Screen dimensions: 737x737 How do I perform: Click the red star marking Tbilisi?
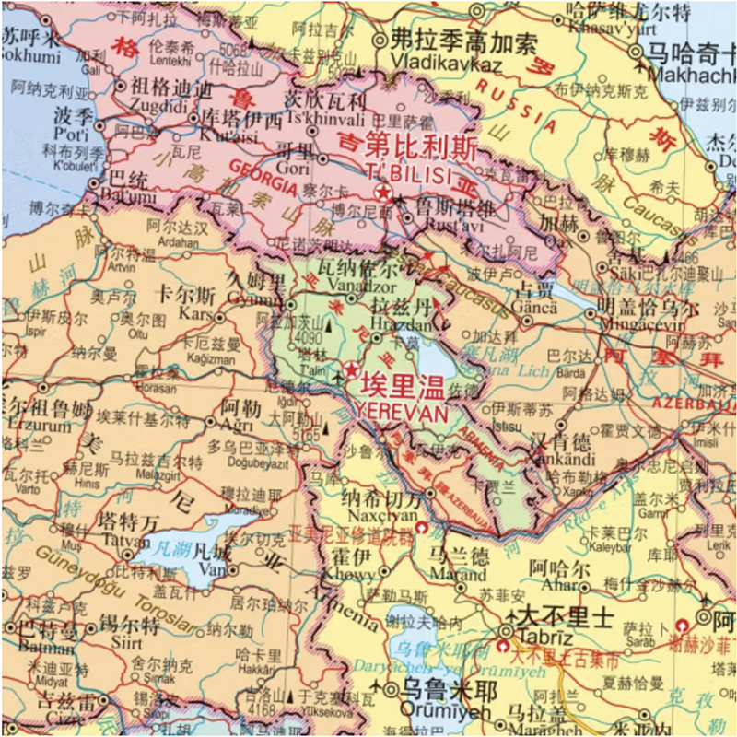[382, 192]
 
